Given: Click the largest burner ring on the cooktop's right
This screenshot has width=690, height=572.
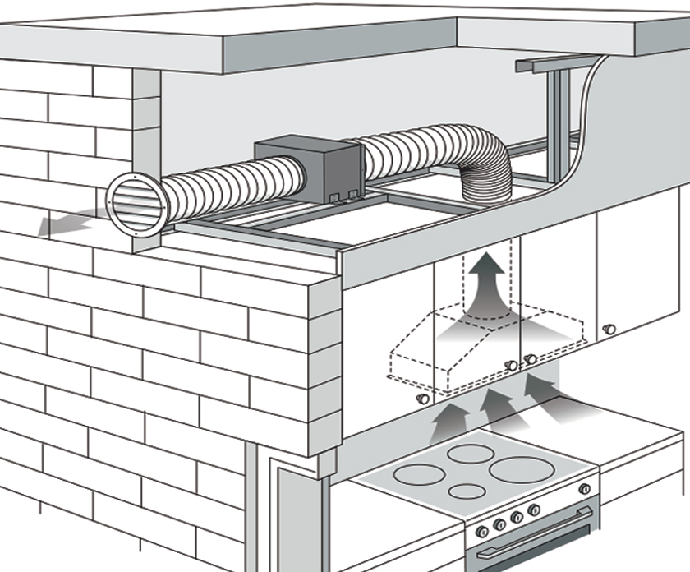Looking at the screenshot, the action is coord(520,469).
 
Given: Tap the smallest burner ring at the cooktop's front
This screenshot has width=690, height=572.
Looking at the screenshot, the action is coord(467,492).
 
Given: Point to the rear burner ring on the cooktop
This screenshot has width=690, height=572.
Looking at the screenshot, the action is coord(471,453).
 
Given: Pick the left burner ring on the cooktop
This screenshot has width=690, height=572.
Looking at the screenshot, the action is coord(420,474).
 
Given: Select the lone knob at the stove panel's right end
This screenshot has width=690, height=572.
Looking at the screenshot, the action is coord(585,489).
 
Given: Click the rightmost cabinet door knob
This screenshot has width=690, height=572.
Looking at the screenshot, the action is coord(609,329).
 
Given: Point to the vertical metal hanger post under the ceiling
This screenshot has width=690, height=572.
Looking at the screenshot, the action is coord(558,123).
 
